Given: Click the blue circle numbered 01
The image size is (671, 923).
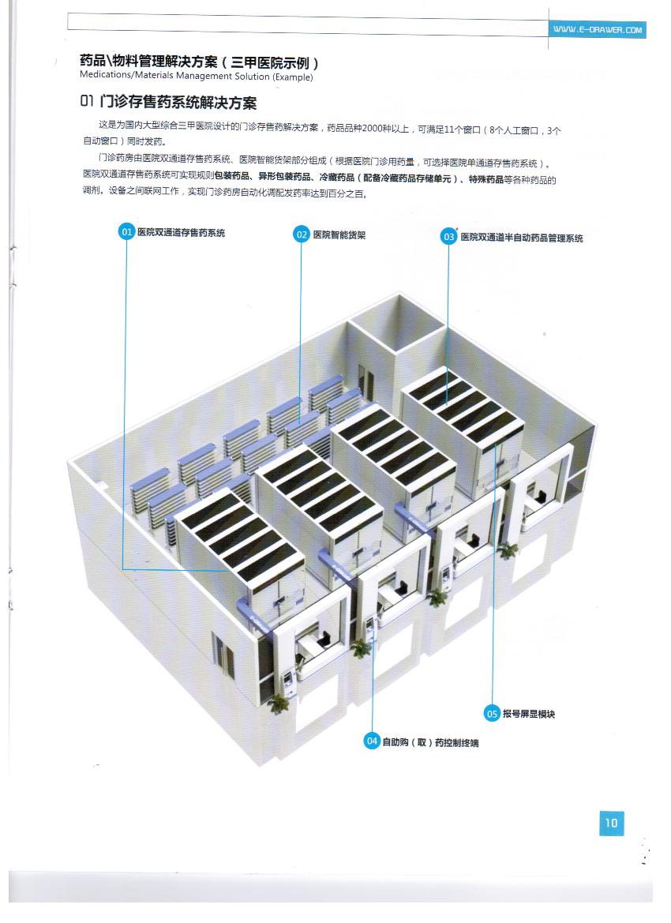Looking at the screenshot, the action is pyautogui.click(x=126, y=232).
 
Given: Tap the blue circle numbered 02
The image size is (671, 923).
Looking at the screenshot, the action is pyautogui.click(x=302, y=235).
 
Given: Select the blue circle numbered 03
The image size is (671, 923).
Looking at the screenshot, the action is pyautogui.click(x=449, y=237).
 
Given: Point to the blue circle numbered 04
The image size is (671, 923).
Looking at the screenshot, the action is pyautogui.click(x=372, y=741).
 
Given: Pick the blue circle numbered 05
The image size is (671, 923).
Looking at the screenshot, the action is pyautogui.click(x=492, y=714).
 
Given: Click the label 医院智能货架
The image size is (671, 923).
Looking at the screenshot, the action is pyautogui.click(x=339, y=235).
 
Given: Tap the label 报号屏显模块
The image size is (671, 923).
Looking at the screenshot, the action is pyautogui.click(x=529, y=714).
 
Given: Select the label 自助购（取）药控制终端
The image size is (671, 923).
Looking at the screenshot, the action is pyautogui.click(x=431, y=742).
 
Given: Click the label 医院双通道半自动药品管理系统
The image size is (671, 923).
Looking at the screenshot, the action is pyautogui.click(x=522, y=238).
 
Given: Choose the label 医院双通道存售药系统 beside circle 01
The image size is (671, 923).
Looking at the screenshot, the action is pyautogui.click(x=182, y=232).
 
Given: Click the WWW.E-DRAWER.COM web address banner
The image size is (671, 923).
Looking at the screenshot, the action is pyautogui.click(x=598, y=29).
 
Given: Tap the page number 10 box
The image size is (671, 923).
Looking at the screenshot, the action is pyautogui.click(x=612, y=823).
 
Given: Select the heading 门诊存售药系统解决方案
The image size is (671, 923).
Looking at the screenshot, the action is pyautogui.click(x=178, y=103).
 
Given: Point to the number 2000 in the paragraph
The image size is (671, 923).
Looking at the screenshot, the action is pyautogui.click(x=373, y=129).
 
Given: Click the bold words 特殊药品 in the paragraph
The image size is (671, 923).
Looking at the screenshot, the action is pyautogui.click(x=486, y=179).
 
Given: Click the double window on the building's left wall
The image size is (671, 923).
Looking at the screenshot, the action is pyautogui.click(x=223, y=651).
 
